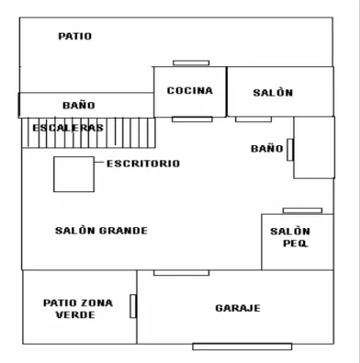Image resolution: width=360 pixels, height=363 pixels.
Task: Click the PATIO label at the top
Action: [75, 36]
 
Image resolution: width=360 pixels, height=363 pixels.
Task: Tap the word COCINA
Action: [190, 91]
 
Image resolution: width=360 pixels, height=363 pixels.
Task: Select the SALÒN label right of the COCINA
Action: [273, 93]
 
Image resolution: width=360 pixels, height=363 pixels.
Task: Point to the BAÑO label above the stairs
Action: [79, 106]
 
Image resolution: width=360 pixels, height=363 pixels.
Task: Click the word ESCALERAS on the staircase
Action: [68, 128]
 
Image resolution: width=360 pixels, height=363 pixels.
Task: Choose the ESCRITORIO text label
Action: [143, 164]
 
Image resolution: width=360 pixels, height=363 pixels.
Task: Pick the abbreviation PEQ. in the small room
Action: [296, 244]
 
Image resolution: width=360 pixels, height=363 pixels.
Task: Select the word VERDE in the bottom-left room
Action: [75, 315]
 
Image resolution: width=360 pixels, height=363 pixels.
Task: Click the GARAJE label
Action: [238, 308]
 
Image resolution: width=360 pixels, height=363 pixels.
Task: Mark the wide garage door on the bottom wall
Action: [242, 346]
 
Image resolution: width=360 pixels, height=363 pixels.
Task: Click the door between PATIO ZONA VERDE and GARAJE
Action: [133, 306]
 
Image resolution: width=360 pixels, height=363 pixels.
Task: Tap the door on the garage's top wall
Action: [182, 273]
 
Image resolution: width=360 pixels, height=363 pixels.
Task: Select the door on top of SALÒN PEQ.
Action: [302, 210]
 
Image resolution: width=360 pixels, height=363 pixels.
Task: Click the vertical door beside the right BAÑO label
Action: [290, 150]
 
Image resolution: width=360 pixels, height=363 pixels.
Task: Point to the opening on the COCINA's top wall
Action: [191, 63]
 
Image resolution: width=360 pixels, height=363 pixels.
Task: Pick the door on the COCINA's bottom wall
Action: [192, 119]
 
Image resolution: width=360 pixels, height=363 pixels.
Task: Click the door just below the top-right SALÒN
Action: [253, 119]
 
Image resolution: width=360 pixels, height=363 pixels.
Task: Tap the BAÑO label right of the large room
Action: [267, 149]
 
